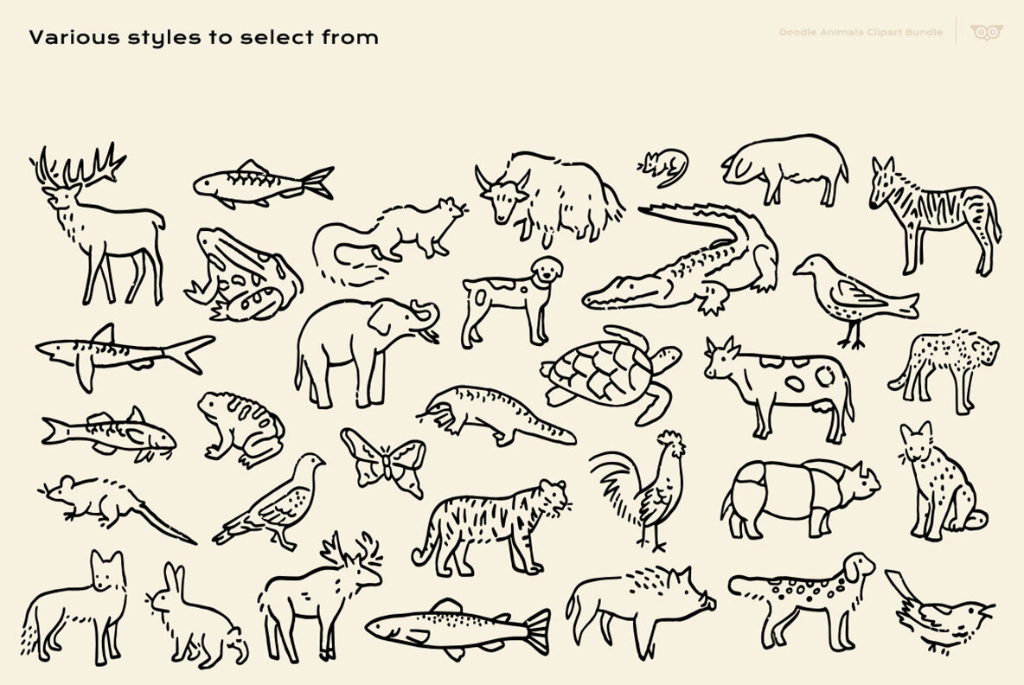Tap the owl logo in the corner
click(x=987, y=33)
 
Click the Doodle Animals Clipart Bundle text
click(x=861, y=33)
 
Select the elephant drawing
click(x=355, y=350)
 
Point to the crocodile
click(x=683, y=259)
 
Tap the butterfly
click(x=384, y=459)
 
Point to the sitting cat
click(x=938, y=484)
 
